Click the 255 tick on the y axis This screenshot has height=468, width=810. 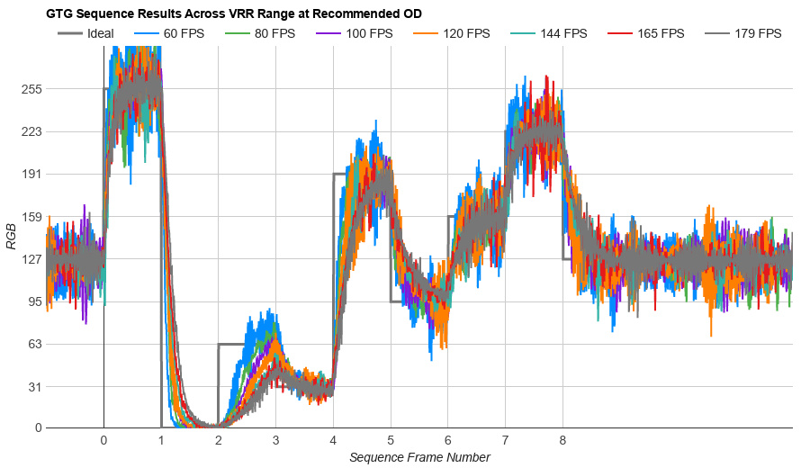(x=31, y=89)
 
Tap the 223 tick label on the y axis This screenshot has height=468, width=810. (x=31, y=131)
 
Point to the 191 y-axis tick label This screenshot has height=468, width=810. (x=31, y=174)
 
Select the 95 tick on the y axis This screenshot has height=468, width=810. (x=34, y=301)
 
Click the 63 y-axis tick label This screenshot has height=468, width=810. (x=34, y=344)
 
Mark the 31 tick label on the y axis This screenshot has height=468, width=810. (x=34, y=386)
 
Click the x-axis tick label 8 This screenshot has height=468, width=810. (x=562, y=440)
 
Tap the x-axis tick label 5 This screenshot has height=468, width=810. (x=391, y=440)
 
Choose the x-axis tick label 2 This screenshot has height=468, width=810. (x=219, y=440)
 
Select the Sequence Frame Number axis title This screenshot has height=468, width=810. (x=419, y=457)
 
